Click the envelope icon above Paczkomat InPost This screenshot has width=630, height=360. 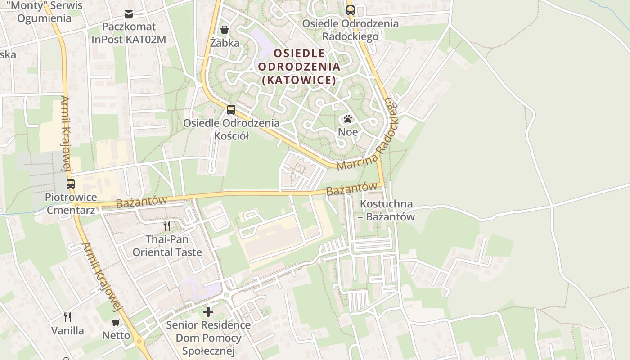[x=129, y=14]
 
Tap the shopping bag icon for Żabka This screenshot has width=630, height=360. [x=224, y=30]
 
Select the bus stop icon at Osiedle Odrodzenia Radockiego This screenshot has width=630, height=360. [x=350, y=10]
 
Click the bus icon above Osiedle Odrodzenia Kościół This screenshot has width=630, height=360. [x=231, y=109]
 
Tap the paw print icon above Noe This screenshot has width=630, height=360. [x=348, y=119]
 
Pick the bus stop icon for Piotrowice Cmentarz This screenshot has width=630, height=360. [x=71, y=184]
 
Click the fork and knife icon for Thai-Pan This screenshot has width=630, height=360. [x=167, y=225]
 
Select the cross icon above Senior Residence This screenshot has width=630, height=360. [x=208, y=311]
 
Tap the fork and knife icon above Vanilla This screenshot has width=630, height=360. [x=67, y=317]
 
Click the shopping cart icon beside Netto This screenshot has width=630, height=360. [x=116, y=322]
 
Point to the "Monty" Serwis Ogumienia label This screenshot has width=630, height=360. [x=44, y=12]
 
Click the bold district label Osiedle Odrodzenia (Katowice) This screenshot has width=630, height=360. [x=299, y=67]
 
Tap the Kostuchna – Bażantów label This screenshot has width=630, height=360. [x=387, y=210]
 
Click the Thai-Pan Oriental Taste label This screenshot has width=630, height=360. [x=167, y=246]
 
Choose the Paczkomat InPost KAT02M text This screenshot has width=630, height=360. [x=129, y=33]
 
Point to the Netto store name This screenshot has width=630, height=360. [x=116, y=335]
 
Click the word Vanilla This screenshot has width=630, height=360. [x=67, y=331]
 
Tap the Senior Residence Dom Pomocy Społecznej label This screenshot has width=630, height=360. [x=208, y=337]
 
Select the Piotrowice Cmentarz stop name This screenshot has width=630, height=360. [x=71, y=203]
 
